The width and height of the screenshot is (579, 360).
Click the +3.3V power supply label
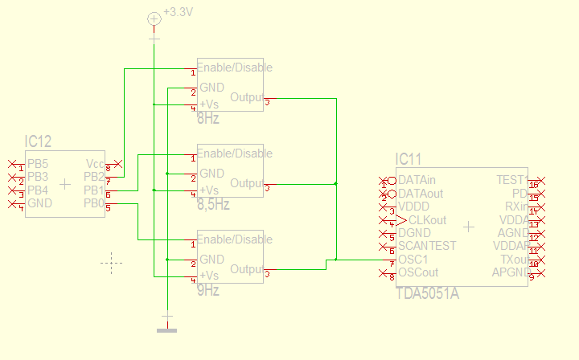[178, 12]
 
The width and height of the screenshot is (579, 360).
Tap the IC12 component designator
[38, 142]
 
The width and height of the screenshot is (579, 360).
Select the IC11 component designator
[409, 160]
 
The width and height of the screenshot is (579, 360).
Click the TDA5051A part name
[427, 293]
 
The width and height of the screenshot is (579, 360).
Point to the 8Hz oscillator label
[208, 118]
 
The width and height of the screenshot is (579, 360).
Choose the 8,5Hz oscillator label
[213, 205]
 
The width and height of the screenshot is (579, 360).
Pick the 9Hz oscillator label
[208, 291]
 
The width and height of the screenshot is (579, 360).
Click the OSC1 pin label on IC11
[414, 259]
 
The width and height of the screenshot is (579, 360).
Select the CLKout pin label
[427, 219]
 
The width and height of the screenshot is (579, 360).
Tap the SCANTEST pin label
[427, 246]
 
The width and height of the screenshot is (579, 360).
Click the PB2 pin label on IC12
[94, 177]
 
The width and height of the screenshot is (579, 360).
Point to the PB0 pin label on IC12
[94, 204]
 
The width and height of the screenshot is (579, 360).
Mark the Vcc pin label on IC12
[95, 163]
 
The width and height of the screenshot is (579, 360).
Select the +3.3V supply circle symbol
[154, 18]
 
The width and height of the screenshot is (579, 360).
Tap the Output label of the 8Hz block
[247, 97]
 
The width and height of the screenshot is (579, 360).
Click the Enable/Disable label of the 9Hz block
[235, 239]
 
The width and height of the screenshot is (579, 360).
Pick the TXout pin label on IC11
[513, 259]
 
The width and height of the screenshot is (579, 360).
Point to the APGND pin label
[510, 272]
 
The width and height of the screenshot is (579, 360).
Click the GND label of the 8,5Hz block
[211, 173]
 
